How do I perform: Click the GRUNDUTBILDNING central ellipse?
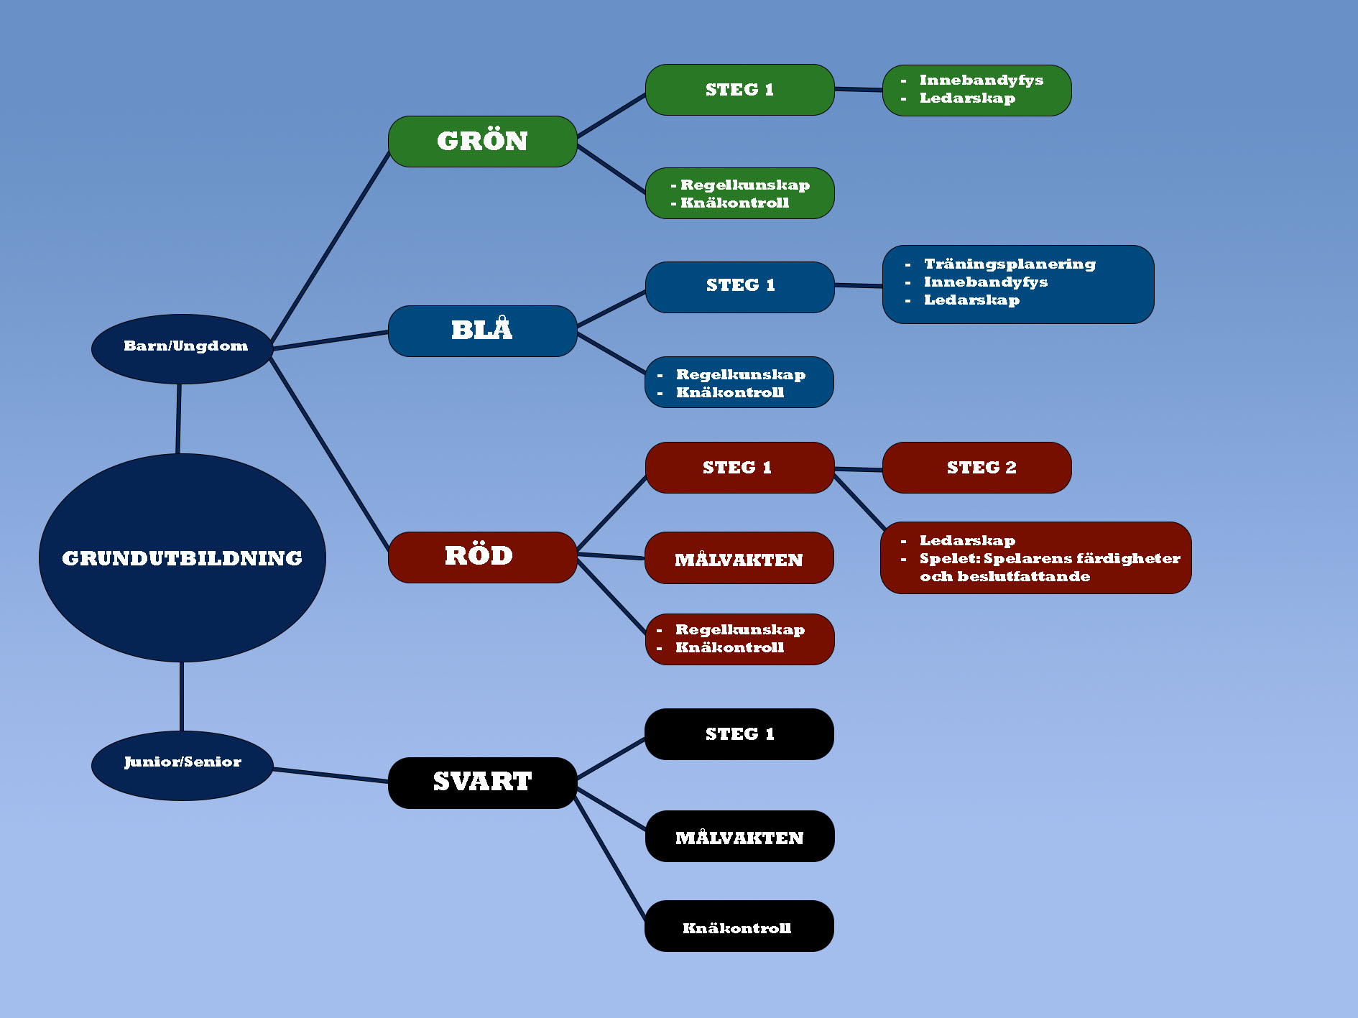(x=182, y=557)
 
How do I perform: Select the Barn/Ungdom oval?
(x=182, y=348)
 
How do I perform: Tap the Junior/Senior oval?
(x=182, y=765)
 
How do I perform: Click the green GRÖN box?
(x=482, y=142)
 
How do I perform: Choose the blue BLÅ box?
(x=482, y=330)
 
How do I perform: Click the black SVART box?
(x=482, y=782)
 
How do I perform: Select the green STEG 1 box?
(x=739, y=90)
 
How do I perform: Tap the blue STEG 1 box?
(x=739, y=287)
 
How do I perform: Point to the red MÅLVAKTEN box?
(x=739, y=558)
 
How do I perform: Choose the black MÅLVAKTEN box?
(x=739, y=836)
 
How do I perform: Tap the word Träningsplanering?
(x=1010, y=264)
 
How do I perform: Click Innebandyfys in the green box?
(x=981, y=80)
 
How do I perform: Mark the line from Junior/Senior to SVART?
(x=331, y=775)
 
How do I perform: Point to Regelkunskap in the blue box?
(x=740, y=374)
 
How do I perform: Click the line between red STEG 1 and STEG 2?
(x=859, y=469)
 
